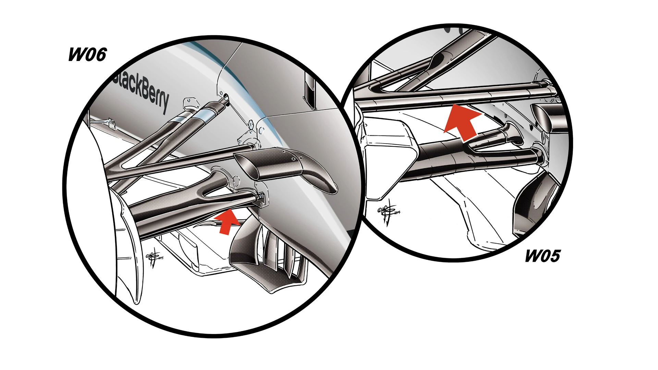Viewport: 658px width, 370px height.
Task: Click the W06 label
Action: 87,54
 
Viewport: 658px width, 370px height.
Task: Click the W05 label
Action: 543,256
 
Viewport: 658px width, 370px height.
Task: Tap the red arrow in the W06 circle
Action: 227,221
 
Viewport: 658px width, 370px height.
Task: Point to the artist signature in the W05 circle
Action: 388,212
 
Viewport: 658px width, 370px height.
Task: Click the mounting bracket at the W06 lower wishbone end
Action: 261,198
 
